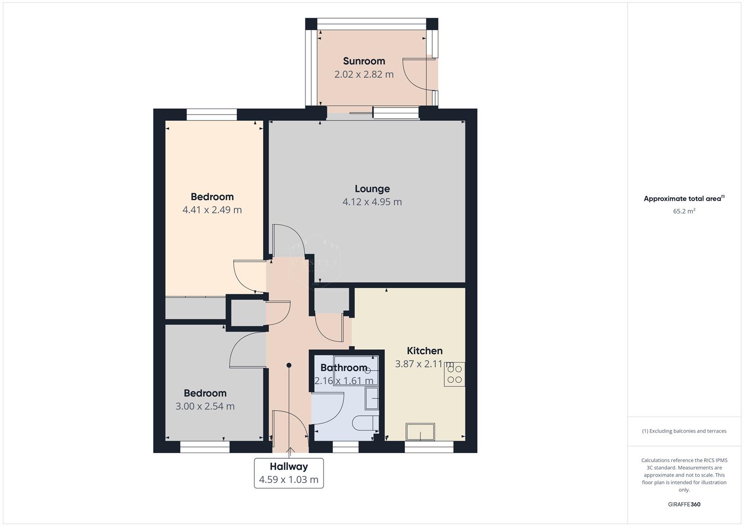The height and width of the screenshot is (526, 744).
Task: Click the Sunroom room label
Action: (363, 61)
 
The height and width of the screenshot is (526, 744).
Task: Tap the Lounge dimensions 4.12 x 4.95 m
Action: (372, 202)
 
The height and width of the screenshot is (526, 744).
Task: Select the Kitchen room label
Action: (424, 351)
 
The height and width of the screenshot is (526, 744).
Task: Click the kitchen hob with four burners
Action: (454, 374)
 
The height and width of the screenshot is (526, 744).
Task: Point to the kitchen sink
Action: (420, 432)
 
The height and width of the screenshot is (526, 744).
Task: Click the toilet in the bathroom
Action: (365, 423)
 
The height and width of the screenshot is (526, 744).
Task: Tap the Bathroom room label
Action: (343, 368)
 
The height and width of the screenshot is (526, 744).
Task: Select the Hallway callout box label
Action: (288, 466)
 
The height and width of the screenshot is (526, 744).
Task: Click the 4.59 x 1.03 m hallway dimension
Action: (288, 480)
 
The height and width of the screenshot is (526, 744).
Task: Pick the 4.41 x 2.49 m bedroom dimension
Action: (212, 210)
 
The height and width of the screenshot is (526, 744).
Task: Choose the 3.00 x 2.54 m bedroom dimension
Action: (205, 406)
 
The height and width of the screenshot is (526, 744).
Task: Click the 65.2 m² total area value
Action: (684, 211)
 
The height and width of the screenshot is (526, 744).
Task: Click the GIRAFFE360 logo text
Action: (684, 504)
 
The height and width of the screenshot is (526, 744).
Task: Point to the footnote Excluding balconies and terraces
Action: (684, 431)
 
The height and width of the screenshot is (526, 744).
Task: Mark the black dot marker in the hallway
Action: (289, 365)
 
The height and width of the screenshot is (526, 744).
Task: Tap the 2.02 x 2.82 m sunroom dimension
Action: (363, 75)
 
